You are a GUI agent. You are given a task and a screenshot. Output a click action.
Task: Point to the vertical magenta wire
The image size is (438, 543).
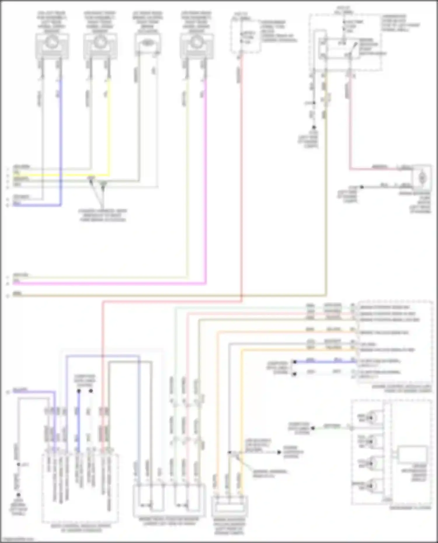pos(206,181)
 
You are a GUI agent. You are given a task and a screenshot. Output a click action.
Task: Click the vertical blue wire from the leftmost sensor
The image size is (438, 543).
pos(61,140)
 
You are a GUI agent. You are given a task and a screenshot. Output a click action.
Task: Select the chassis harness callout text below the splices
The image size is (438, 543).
pos(102,215)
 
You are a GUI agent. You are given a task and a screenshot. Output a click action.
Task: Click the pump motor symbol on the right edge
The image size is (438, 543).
pos(422,177)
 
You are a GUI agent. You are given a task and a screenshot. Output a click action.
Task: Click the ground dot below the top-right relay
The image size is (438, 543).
pos(314,128)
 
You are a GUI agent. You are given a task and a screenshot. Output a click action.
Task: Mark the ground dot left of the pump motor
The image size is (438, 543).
pos(361,187)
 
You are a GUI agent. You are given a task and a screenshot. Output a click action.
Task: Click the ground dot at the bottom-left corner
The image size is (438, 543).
pos(18,495)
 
